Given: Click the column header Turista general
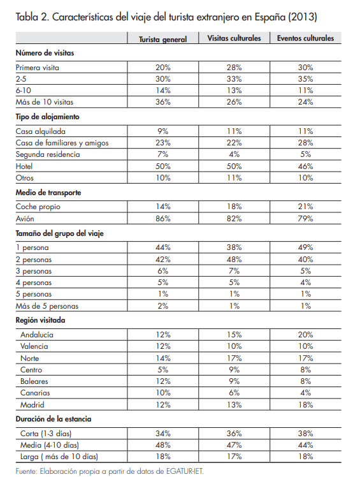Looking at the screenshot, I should click(163, 39).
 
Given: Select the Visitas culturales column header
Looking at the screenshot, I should click(234, 38).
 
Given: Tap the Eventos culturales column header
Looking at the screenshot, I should click(305, 38).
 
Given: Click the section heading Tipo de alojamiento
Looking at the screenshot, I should click(48, 117).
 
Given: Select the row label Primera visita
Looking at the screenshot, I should click(38, 67).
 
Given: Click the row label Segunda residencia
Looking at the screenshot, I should click(48, 155).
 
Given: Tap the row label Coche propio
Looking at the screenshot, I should click(37, 207).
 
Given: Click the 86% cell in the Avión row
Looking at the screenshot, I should click(163, 219).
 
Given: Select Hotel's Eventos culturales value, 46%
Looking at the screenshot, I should click(305, 167).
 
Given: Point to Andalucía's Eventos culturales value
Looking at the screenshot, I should click(305, 334).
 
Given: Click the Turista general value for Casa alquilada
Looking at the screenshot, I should click(163, 131).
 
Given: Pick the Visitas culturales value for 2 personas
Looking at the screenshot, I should click(234, 259).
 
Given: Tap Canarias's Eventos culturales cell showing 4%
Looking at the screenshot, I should click(305, 393).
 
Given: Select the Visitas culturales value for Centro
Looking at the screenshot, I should click(234, 369).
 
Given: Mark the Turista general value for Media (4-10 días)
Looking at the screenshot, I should click(163, 445).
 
